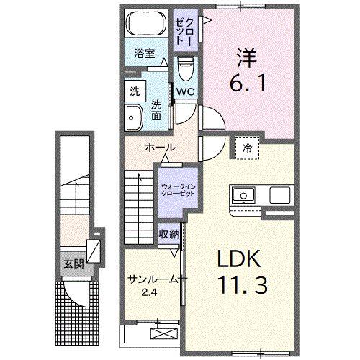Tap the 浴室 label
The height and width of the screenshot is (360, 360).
(144, 53)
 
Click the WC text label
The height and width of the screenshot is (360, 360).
(184, 92)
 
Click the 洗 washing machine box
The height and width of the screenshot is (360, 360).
(134, 91)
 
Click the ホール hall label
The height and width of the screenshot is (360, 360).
(158, 147)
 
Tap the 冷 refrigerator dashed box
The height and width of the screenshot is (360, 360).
(247, 148)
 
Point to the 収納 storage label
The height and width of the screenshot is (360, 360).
(170, 234)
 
